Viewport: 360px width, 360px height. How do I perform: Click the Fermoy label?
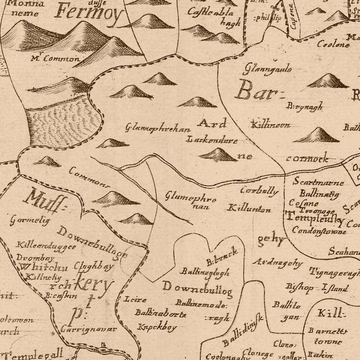tap(89, 13)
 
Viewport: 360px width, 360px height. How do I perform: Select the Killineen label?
tap(271, 125)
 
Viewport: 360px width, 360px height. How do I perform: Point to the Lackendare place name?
tap(212, 140)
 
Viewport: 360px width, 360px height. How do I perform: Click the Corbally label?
tap(259, 191)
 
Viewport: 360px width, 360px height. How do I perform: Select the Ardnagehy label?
tap(278, 262)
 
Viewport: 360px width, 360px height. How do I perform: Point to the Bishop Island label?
tap(317, 287)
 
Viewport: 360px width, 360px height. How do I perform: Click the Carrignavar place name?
tap(89, 329)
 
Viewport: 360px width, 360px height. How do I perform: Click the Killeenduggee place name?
tap(46, 246)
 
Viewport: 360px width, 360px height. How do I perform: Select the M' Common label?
tap(55, 59)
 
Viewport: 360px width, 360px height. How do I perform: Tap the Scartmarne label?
tap(318, 182)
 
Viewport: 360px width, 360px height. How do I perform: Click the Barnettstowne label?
tap(328, 336)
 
